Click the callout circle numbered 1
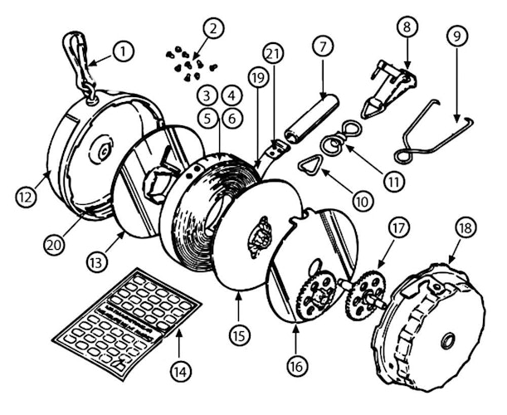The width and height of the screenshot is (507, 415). point(123,51)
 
